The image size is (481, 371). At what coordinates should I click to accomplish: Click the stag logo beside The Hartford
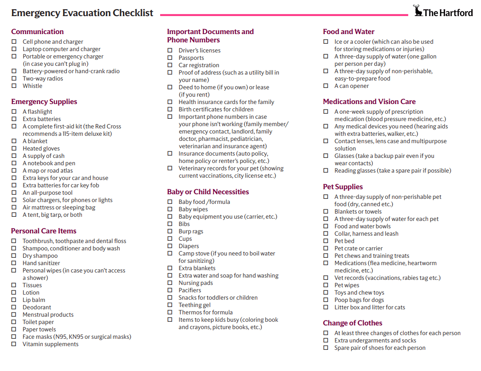418,11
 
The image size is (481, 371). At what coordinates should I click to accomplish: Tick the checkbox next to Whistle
14,86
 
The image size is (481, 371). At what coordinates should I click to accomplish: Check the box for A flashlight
14,112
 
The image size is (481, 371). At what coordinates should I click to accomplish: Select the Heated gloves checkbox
14,149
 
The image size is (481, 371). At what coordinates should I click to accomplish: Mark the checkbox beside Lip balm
14,300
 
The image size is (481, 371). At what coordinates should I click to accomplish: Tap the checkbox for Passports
170,58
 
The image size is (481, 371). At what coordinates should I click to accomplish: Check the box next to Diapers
170,246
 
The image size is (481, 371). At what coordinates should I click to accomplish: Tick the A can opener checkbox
325,86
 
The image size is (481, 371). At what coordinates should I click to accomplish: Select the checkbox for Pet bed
325,241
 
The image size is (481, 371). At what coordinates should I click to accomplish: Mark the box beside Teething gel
170,305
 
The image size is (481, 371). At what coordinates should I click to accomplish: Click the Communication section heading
37,32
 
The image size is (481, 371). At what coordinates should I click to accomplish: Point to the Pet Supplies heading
342,187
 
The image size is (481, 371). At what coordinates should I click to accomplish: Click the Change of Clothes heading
352,323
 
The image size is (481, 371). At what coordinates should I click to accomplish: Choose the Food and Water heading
348,32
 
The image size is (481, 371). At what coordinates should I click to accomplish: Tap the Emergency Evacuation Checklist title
82,13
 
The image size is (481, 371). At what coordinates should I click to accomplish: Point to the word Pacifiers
190,290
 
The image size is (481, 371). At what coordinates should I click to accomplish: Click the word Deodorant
37,307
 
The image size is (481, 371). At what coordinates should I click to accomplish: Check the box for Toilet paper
14,322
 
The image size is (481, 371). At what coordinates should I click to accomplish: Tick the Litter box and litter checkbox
325,307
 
